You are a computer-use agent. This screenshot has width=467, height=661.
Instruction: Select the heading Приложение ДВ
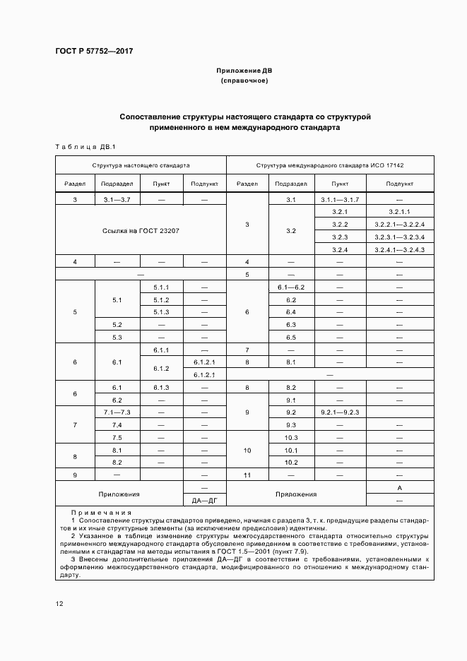[244, 71]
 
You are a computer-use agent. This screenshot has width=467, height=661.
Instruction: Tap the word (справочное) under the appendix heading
[244, 81]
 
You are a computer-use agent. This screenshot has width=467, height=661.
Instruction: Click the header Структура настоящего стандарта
[141, 165]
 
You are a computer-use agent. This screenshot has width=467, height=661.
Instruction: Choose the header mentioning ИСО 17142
[330, 165]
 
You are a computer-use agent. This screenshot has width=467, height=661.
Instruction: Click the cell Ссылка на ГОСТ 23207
[141, 230]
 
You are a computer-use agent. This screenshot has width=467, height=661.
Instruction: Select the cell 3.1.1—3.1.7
[340, 200]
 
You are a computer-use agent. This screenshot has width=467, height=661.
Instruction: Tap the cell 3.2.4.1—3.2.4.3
[399, 249]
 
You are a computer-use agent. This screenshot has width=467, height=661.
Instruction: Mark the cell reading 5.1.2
[161, 299]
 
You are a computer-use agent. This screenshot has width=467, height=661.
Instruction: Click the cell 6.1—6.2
[290, 287]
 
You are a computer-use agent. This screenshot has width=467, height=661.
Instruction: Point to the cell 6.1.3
[161, 388]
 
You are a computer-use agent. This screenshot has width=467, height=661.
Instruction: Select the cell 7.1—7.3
[117, 412]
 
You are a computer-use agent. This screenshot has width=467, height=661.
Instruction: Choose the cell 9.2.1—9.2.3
[340, 412]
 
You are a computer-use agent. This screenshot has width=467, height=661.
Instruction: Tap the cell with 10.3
[290, 437]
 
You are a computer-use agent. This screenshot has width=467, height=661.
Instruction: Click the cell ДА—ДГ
[204, 501]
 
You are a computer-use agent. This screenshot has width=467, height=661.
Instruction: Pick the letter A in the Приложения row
[399, 488]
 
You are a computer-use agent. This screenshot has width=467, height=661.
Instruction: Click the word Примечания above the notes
[94, 513]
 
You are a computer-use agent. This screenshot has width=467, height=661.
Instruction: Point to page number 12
[60, 604]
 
